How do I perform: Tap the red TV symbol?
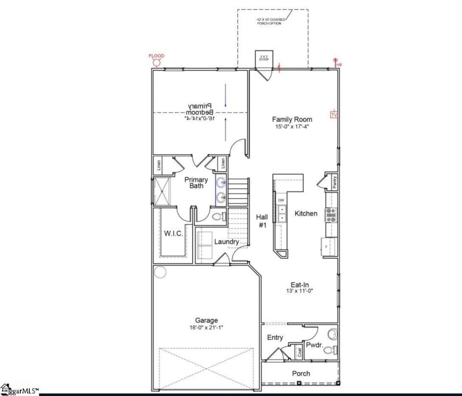pyautogui.click(x=333, y=115)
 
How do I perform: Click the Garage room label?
pyautogui.click(x=206, y=320)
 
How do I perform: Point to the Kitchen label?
pyautogui.click(x=305, y=213)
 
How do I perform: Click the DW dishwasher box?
pyautogui.click(x=281, y=200)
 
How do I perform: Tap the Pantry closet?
pyautogui.click(x=334, y=182)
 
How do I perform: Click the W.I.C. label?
pyautogui.click(x=174, y=234)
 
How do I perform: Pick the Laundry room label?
pyautogui.click(x=226, y=242)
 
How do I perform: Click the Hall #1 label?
pyautogui.click(x=262, y=220)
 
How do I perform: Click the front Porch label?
pyautogui.click(x=300, y=373)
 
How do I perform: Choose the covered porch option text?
pyautogui.click(x=273, y=23)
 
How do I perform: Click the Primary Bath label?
pyautogui.click(x=196, y=183)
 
